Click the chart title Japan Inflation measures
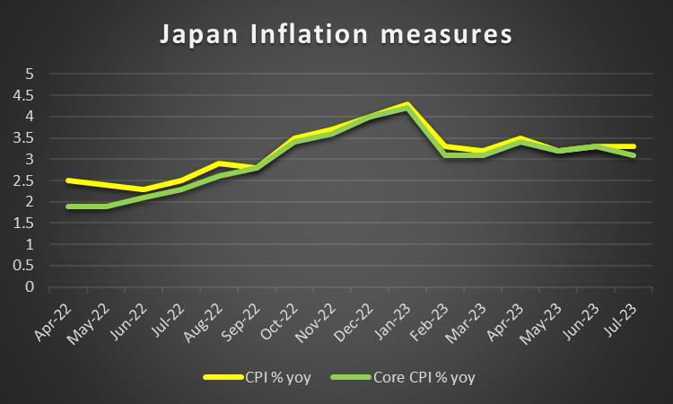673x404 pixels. [336, 36]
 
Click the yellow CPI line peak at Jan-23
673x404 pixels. [407, 104]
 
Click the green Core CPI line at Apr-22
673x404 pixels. [67, 206]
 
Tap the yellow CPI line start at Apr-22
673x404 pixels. [67, 180]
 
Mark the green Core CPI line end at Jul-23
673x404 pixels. [634, 155]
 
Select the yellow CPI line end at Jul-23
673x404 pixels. [634, 146]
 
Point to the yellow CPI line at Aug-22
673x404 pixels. [219, 163]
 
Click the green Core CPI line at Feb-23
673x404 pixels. [445, 155]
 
